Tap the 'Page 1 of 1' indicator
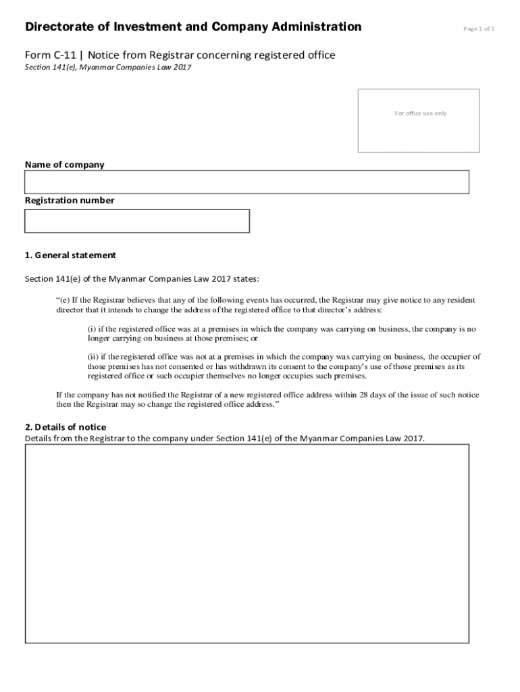(479, 29)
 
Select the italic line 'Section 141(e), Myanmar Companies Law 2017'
(103, 68)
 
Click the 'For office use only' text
(420, 114)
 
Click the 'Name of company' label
(65, 164)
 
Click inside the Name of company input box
(246, 182)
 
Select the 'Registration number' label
(70, 200)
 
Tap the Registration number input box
(137, 221)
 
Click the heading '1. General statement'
(70, 255)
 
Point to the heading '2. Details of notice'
(66, 427)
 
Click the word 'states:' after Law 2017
(245, 278)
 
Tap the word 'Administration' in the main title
(316, 27)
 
